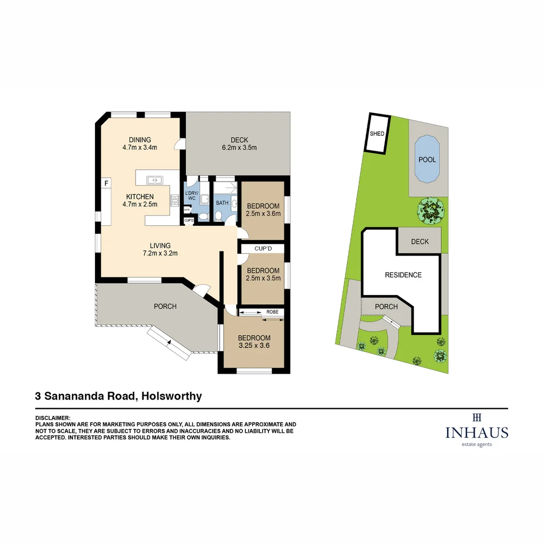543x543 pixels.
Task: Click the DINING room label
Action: pyautogui.click(x=140, y=140)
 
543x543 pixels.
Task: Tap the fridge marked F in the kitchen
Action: pyautogui.click(x=106, y=184)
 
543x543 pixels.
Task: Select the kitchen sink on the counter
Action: pyautogui.click(x=154, y=179)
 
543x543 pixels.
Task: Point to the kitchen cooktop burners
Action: pyautogui.click(x=175, y=201)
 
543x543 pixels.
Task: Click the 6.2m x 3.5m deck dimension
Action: pyautogui.click(x=239, y=148)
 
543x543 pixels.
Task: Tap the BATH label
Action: pyautogui.click(x=222, y=203)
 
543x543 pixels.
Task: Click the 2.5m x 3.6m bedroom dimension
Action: pyautogui.click(x=263, y=214)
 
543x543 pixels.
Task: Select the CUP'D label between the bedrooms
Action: pyautogui.click(x=263, y=248)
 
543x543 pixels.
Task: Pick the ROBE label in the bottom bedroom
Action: pyautogui.click(x=273, y=312)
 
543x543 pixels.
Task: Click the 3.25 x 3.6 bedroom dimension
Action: pyautogui.click(x=254, y=345)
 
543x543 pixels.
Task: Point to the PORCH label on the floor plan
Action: pyautogui.click(x=165, y=306)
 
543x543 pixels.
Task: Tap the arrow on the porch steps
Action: pyautogui.click(x=169, y=342)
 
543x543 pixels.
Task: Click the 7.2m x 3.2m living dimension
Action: pyautogui.click(x=159, y=253)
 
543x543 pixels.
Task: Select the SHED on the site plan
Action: pyautogui.click(x=377, y=134)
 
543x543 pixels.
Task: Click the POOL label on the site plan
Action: pyautogui.click(x=427, y=160)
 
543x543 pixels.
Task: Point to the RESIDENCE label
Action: pyautogui.click(x=403, y=275)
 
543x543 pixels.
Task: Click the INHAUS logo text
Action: pyautogui.click(x=477, y=432)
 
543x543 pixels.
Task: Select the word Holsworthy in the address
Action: pyautogui.click(x=171, y=396)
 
